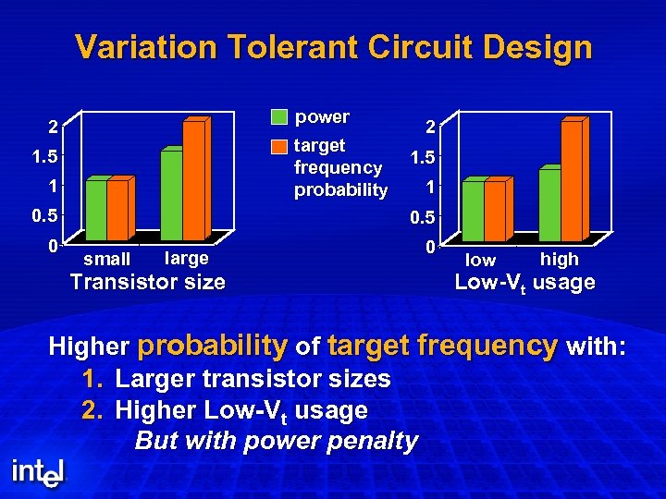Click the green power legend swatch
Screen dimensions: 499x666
pyautogui.click(x=279, y=117)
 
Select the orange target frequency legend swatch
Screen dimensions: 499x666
pyautogui.click(x=279, y=146)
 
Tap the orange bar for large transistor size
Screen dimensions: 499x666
pyautogui.click(x=194, y=180)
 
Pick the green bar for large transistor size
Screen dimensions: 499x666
pyautogui.click(x=171, y=195)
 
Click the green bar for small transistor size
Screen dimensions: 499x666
pyautogui.click(x=96, y=210)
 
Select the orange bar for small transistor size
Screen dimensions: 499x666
pyautogui.click(x=117, y=210)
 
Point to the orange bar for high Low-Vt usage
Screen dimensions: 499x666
pyautogui.click(x=572, y=181)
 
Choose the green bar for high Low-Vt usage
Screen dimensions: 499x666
pyautogui.click(x=549, y=205)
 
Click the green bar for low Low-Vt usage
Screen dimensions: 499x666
pyautogui.click(x=473, y=212)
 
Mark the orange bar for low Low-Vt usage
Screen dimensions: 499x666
pyautogui.click(x=495, y=212)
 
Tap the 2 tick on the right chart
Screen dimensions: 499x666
pyautogui.click(x=429, y=127)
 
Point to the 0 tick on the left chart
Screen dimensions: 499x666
pyautogui.click(x=54, y=246)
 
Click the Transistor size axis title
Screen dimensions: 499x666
pyautogui.click(x=148, y=283)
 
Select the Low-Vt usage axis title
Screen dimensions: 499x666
pyautogui.click(x=524, y=284)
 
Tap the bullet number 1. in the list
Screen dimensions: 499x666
pyautogui.click(x=92, y=379)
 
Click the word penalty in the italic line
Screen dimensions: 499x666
pyautogui.click(x=374, y=441)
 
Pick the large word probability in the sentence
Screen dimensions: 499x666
pyautogui.click(x=212, y=346)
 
